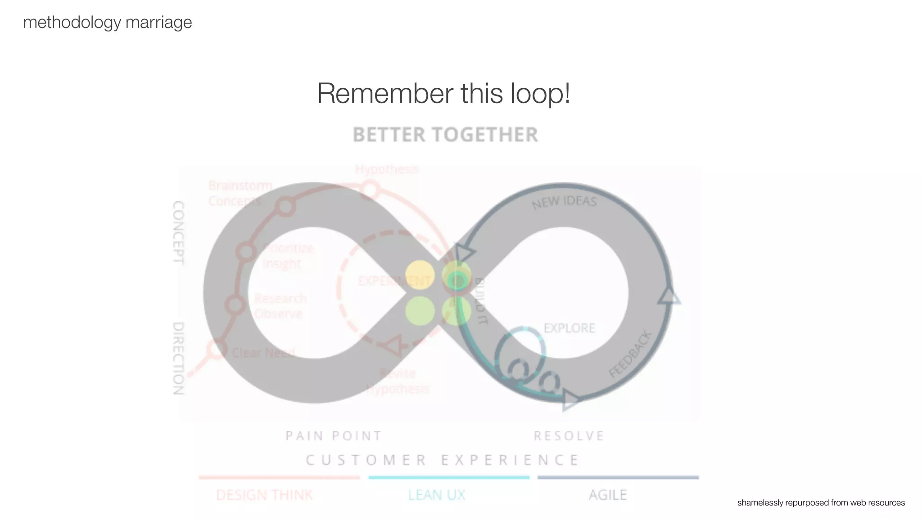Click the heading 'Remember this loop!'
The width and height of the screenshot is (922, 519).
click(443, 93)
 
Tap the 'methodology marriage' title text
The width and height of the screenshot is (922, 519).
click(107, 22)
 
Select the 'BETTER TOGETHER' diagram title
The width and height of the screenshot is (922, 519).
click(445, 135)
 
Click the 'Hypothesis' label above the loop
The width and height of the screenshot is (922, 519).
click(387, 169)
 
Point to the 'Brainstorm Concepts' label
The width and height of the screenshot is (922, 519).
click(240, 193)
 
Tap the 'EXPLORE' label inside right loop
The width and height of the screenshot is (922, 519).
click(569, 328)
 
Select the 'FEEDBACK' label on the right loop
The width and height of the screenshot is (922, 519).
click(630, 354)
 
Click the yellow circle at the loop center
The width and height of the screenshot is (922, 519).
click(420, 275)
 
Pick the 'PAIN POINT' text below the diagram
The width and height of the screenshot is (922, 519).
click(334, 436)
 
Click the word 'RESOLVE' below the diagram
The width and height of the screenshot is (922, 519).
click(569, 436)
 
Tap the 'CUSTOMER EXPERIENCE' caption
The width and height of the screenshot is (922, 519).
click(443, 460)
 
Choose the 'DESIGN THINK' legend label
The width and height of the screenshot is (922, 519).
click(264, 495)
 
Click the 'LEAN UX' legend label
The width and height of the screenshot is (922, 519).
click(437, 495)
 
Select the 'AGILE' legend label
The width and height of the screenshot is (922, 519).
click(608, 495)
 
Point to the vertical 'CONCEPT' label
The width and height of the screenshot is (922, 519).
click(178, 232)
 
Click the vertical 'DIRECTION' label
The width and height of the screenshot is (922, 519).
click(178, 358)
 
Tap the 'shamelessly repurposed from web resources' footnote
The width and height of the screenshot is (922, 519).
click(821, 503)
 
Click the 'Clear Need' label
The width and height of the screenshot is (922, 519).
click(263, 352)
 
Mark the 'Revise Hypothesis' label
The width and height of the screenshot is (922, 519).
click(398, 381)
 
